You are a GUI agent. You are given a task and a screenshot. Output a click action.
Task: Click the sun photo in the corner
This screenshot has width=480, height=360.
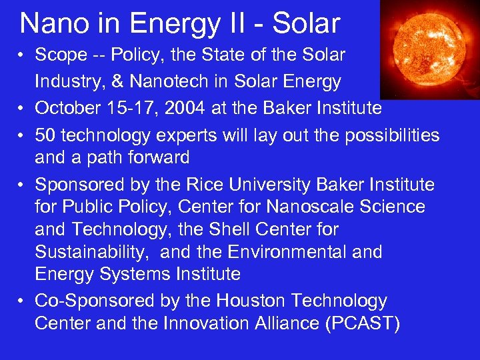coord(429,49)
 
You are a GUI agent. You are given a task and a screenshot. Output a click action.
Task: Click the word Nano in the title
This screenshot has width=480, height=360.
coord(51,23)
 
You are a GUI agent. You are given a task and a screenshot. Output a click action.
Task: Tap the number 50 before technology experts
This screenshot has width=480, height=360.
coord(46,135)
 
